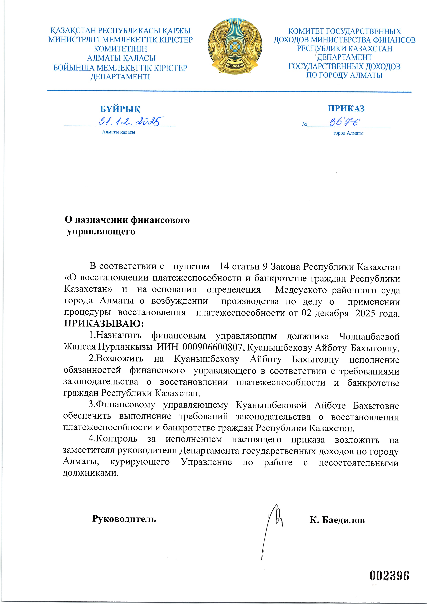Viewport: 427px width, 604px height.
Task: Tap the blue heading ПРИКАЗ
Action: point(346,108)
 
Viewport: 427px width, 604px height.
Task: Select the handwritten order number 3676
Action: point(345,122)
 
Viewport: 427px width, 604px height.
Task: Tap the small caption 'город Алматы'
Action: point(348,133)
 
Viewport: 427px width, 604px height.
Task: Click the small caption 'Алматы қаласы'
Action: point(118,132)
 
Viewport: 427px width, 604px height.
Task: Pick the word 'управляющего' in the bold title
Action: point(101,232)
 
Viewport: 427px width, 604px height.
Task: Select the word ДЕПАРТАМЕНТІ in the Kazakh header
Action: point(120,77)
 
